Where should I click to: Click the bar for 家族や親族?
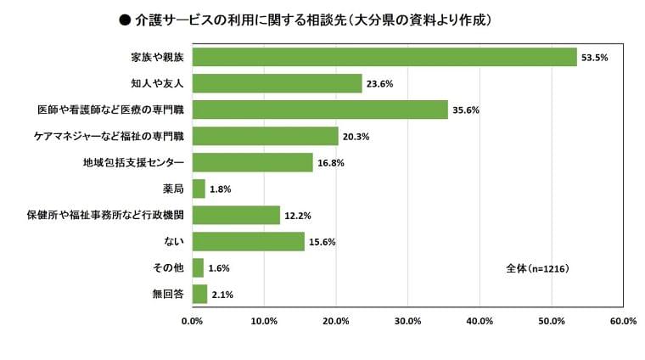tap(384, 57)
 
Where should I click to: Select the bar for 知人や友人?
tap(277, 83)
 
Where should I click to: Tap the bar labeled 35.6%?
tap(320, 110)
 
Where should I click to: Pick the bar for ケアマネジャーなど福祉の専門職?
tap(265, 136)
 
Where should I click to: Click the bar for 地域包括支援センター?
tap(252, 162)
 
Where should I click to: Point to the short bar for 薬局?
tap(199, 188)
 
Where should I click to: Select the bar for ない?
tap(248, 241)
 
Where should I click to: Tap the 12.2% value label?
tap(297, 216)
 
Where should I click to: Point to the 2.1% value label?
tap(222, 295)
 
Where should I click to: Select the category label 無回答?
tap(167, 295)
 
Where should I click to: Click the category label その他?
tap(167, 268)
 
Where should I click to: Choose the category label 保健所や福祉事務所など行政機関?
tap(105, 216)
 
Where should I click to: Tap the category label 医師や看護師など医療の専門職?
tap(110, 110)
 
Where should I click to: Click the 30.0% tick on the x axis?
tap(408, 322)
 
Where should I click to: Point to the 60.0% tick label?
tap(623, 322)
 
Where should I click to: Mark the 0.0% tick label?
tap(193, 322)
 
